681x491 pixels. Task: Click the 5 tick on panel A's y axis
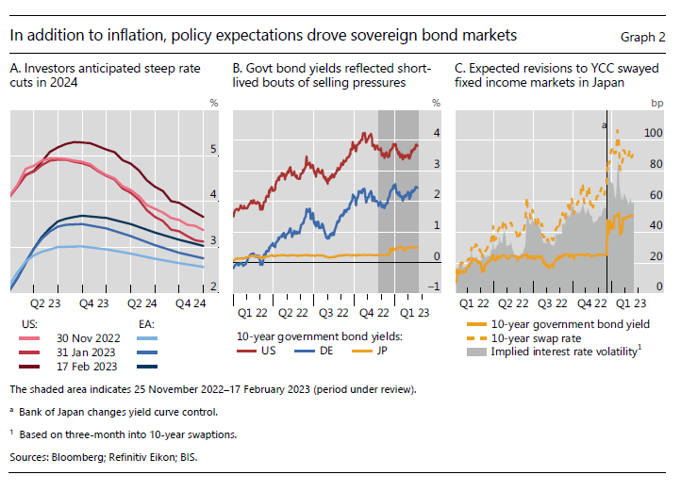213,149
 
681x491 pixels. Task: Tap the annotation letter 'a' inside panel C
604,124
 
